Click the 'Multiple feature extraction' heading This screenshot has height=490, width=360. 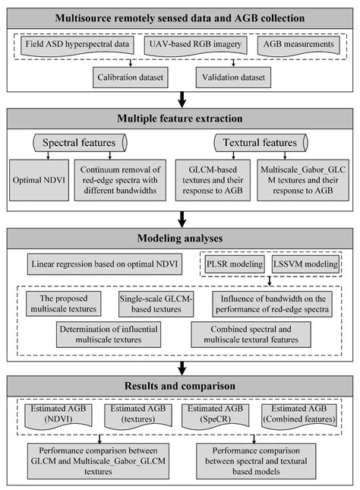[180, 119]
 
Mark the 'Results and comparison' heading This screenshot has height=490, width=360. [180, 387]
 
